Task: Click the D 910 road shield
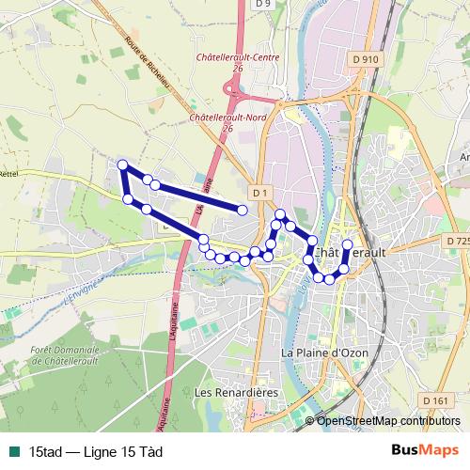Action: [x=368, y=59]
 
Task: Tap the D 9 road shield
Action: [x=264, y=5]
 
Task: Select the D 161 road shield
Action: [x=435, y=401]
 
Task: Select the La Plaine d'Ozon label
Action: [x=324, y=352]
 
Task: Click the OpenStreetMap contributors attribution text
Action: [x=389, y=420]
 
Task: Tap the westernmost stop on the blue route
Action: [x=122, y=165]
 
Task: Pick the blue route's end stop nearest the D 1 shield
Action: [x=243, y=211]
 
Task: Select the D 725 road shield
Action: [x=457, y=242]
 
